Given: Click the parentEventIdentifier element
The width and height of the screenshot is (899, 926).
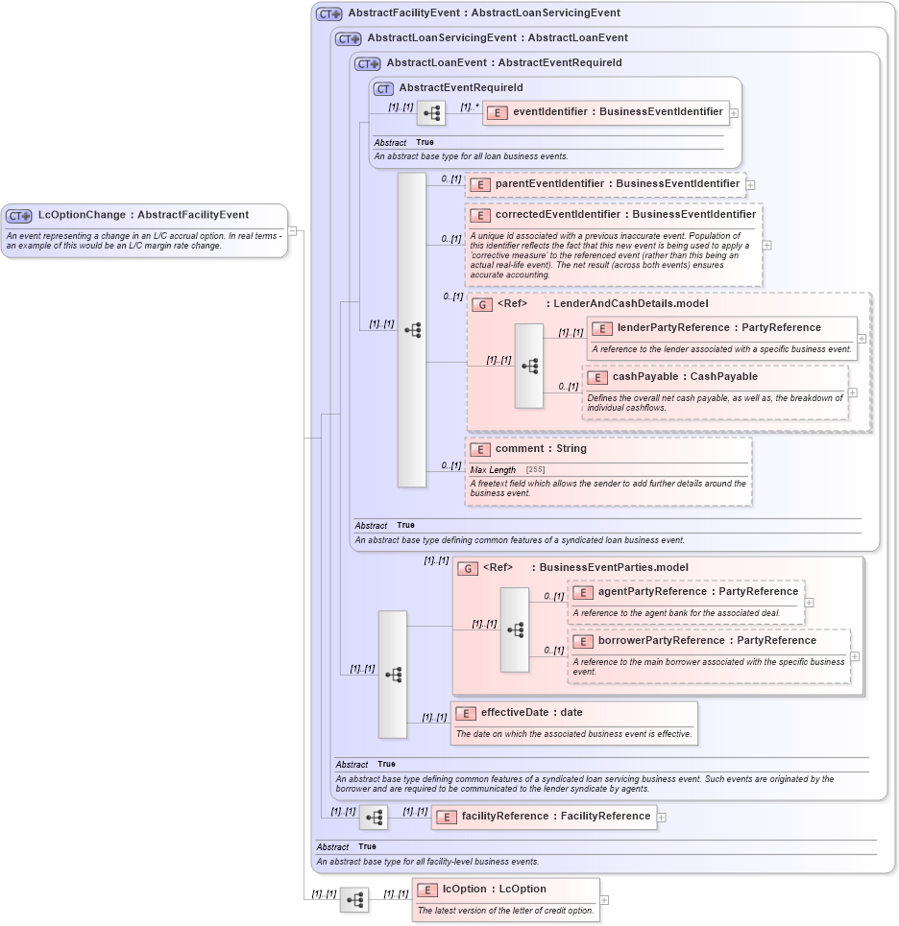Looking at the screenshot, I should pos(604,184).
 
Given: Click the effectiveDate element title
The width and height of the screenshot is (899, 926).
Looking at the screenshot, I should pos(530,713).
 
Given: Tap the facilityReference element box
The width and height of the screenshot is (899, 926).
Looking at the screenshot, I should pos(543,817).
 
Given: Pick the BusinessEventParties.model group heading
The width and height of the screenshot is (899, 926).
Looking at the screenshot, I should pos(613,568).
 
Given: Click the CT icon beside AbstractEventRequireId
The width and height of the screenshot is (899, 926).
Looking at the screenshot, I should pos(383,88).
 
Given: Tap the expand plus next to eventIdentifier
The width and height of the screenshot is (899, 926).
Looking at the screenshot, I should pos(734,113).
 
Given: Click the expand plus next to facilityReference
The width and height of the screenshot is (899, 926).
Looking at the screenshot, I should pos(661,818).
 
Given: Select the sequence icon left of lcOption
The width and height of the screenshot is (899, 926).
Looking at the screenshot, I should pos(354,900).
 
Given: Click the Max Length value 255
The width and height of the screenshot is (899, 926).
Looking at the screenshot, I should pos(535,469).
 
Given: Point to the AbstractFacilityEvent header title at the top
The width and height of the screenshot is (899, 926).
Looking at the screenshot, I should pos(483,13).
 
